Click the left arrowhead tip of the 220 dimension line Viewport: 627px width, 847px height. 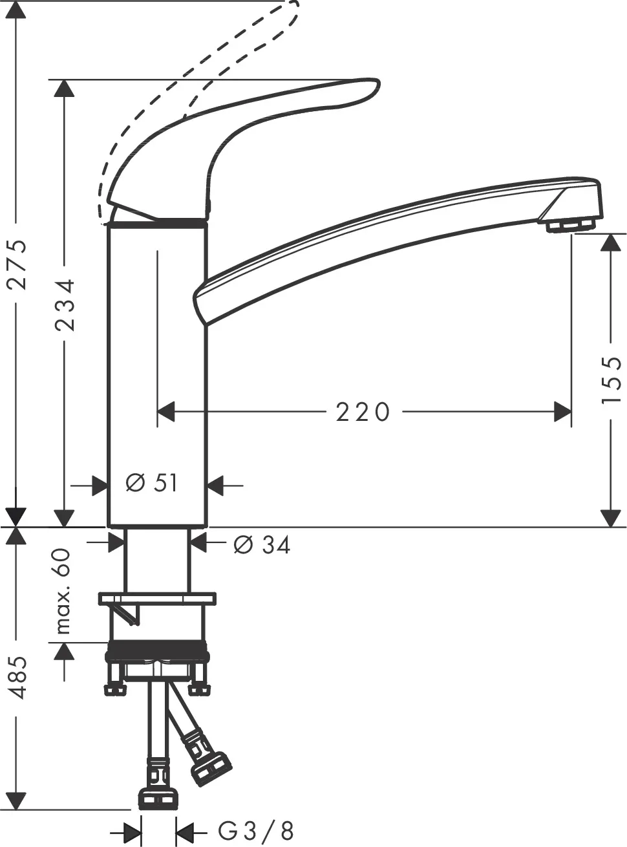(x=157, y=412)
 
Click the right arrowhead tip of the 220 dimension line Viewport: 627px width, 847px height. (x=571, y=412)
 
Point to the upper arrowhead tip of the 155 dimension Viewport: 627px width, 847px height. (x=610, y=233)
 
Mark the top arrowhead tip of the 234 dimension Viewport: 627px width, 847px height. (x=64, y=80)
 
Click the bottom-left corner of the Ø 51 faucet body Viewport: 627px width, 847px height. (x=108, y=528)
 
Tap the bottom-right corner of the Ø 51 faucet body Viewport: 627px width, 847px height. (x=207, y=528)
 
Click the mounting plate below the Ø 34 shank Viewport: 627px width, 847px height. (x=157, y=599)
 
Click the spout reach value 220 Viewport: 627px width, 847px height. (x=363, y=412)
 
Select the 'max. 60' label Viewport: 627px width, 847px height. (x=63, y=592)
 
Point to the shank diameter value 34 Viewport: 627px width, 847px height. (x=276, y=545)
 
